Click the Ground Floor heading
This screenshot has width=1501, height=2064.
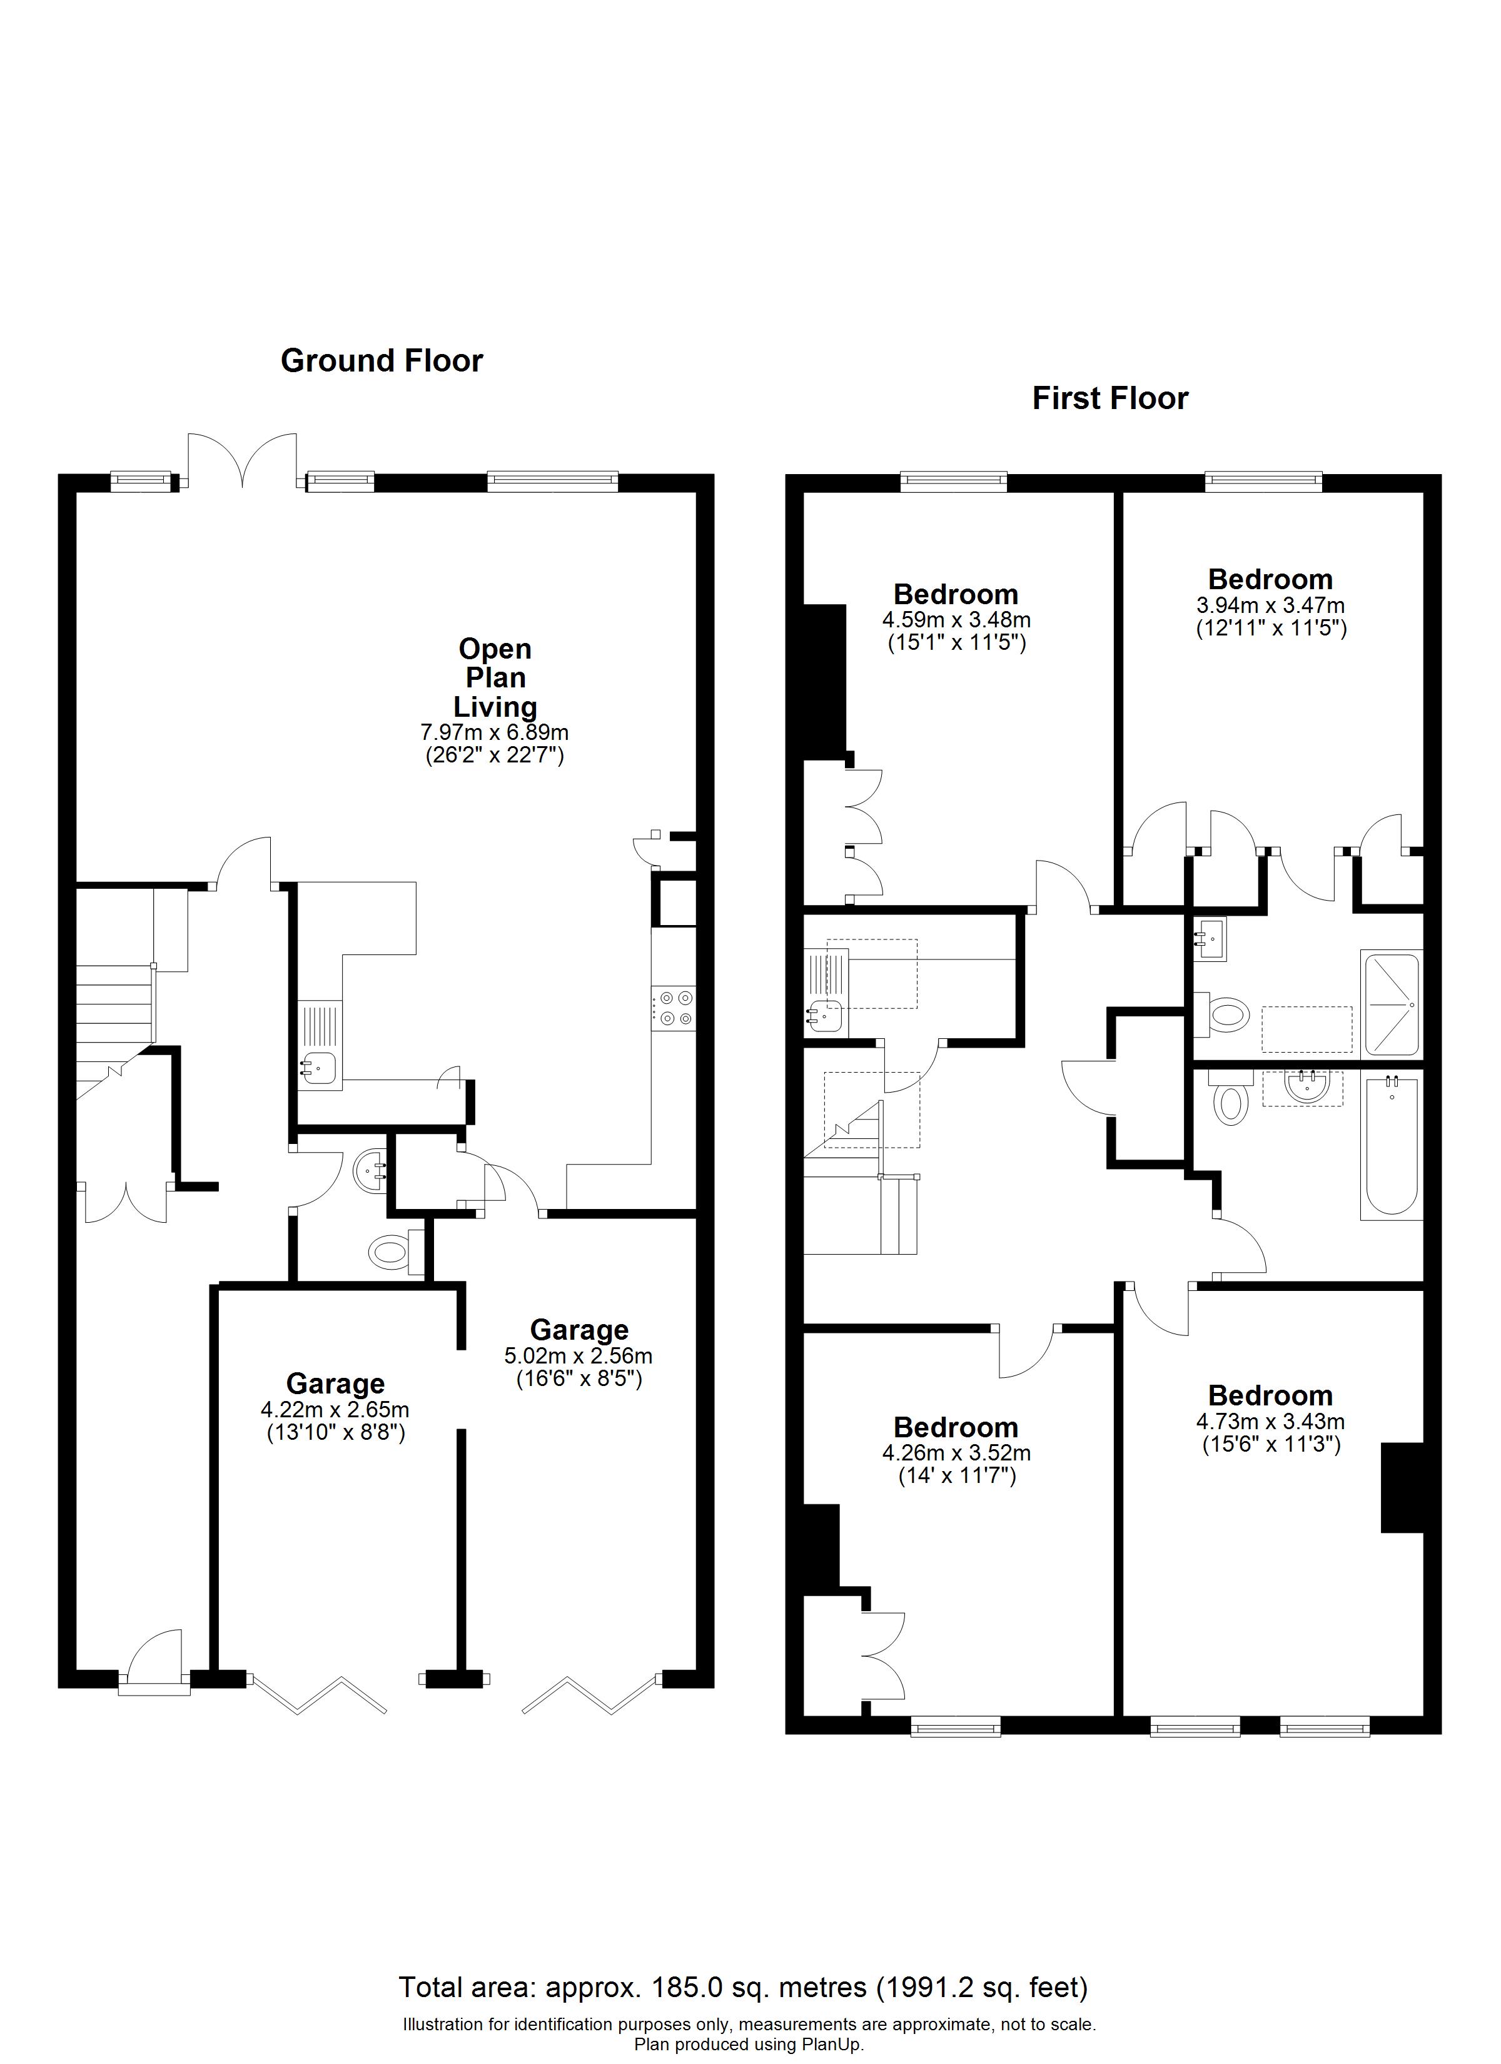[382, 362]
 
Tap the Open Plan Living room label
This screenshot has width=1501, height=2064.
[495, 677]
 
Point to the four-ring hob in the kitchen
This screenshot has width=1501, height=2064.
[674, 1008]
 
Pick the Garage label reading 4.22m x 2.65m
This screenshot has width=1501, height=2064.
[335, 1410]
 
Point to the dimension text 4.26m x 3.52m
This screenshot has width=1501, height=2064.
[956, 1454]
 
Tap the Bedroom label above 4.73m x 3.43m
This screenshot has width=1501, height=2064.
[1271, 1395]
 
